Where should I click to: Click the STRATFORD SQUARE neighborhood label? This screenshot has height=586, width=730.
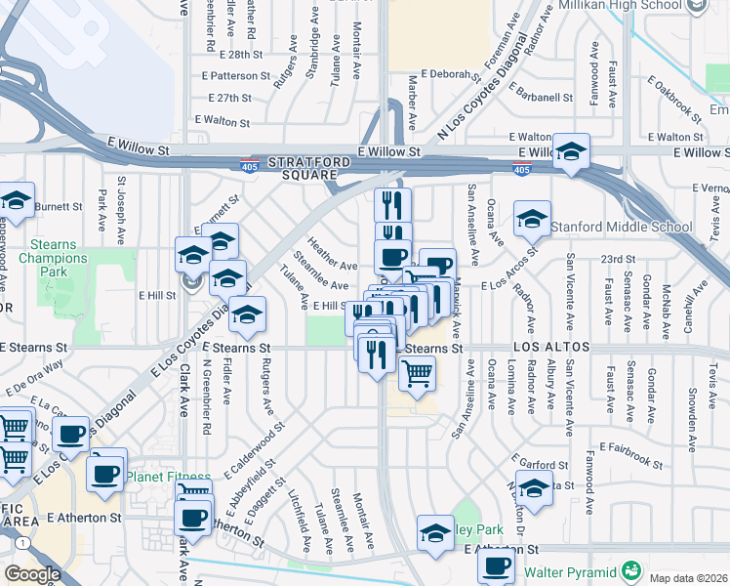303,167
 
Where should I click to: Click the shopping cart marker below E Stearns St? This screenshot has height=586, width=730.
417,372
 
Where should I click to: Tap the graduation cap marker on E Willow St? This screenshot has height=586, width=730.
572,151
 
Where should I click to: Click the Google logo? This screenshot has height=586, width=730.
31,574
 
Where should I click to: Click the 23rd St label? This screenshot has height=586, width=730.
617,259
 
